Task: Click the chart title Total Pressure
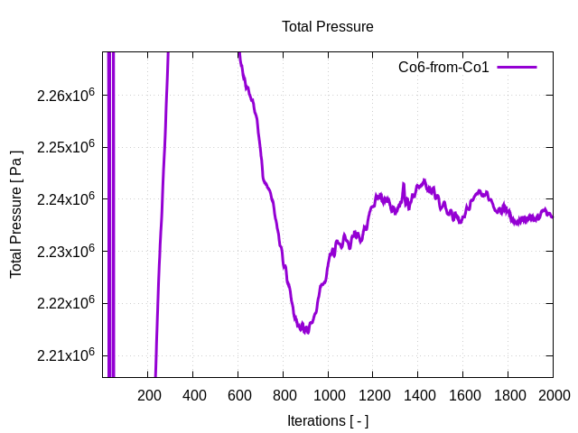tap(327, 27)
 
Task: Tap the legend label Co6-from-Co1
tap(443, 68)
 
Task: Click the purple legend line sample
tap(517, 68)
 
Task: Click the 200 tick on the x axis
tap(148, 395)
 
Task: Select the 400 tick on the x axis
tap(193, 395)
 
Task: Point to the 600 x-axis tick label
tap(238, 395)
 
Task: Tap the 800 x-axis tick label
tap(284, 395)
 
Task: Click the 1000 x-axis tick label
tap(328, 395)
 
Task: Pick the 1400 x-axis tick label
tap(418, 395)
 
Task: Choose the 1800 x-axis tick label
tap(508, 395)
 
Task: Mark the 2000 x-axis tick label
tap(553, 395)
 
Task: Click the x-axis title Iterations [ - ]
tap(327, 420)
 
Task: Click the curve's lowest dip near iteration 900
tap(307, 331)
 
